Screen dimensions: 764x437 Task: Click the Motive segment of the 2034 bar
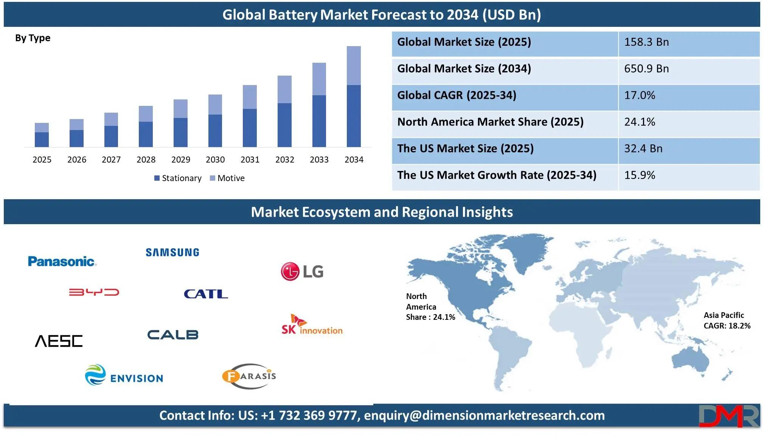(x=354, y=66)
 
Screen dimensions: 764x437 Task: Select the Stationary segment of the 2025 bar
(x=42, y=139)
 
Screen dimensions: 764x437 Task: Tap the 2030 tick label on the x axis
(x=215, y=160)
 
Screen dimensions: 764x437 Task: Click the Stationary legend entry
(x=178, y=178)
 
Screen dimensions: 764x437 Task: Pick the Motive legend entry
(x=227, y=178)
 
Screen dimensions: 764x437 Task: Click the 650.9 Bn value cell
(x=646, y=69)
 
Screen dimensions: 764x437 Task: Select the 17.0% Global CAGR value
(x=640, y=95)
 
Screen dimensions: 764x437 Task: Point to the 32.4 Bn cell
(x=643, y=149)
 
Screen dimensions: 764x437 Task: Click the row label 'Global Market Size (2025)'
(x=464, y=42)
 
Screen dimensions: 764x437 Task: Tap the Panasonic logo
(x=62, y=261)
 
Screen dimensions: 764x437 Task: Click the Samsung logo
(x=172, y=253)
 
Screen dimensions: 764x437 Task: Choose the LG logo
(x=302, y=271)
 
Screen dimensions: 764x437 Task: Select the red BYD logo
(x=94, y=292)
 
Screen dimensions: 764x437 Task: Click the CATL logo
(x=206, y=294)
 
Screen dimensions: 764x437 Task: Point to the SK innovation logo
(x=312, y=325)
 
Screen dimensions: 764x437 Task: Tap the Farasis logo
(x=249, y=376)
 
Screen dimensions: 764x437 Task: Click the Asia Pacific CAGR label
(x=727, y=321)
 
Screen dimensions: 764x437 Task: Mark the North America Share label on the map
(x=430, y=307)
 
